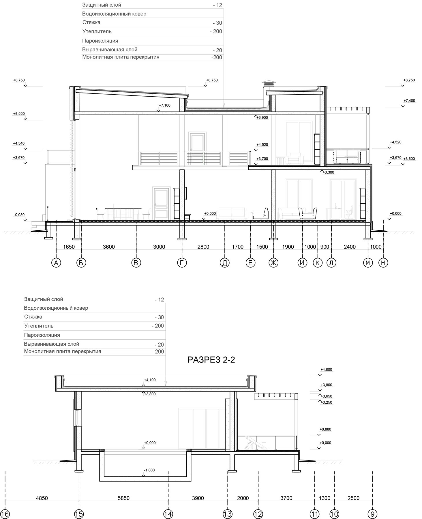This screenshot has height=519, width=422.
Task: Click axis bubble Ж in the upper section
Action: click(273, 263)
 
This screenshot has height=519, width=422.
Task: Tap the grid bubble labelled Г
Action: click(182, 263)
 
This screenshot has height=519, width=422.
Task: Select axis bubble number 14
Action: click(168, 514)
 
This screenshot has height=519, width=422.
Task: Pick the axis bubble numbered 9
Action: click(372, 514)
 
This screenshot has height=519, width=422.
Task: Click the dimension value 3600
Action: click(109, 247)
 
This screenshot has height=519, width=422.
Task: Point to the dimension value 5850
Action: click(123, 498)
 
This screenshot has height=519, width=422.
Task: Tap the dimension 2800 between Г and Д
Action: click(203, 247)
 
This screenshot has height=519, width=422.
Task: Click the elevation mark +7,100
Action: click(165, 106)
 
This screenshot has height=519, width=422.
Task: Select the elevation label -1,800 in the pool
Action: click(149, 470)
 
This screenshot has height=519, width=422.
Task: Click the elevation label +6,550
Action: click(19, 114)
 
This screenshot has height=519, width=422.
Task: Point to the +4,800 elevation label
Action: click(326, 369)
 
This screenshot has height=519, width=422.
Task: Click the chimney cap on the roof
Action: click(268, 84)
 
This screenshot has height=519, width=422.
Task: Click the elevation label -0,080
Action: click(19, 215)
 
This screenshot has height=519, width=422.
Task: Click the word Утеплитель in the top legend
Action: click(97, 31)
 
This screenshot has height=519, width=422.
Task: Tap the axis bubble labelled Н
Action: click(383, 263)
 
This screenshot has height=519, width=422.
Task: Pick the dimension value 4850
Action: click(42, 498)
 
